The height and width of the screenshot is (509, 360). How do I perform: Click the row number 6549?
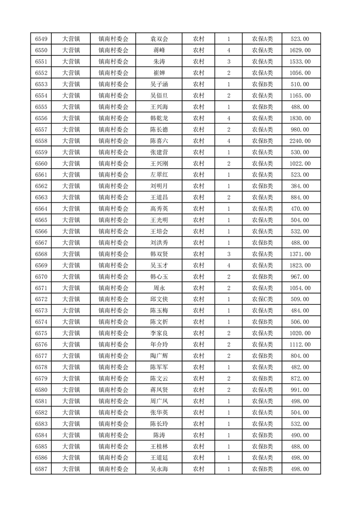(41, 39)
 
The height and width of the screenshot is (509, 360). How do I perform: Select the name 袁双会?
(159, 39)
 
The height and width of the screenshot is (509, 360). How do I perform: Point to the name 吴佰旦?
(159, 96)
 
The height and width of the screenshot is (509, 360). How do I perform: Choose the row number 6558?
(41, 141)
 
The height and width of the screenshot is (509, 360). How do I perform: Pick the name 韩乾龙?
(159, 118)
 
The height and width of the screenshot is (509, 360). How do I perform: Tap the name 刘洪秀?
(159, 243)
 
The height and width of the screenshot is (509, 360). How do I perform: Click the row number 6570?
(41, 277)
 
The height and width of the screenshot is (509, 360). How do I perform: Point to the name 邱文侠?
(159, 299)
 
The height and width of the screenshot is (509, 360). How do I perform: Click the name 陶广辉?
(159, 356)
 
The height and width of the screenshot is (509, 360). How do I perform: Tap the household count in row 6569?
(228, 265)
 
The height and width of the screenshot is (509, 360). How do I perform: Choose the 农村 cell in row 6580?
(198, 390)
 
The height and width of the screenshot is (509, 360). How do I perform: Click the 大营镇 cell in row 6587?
(71, 469)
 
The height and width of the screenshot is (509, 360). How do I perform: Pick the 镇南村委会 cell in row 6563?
(113, 197)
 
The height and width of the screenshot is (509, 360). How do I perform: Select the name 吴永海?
(159, 469)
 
